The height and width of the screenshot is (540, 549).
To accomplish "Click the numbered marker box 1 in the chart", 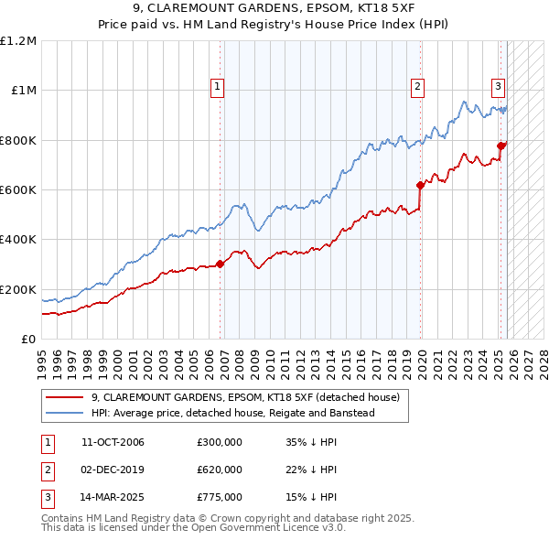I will coord(218,87).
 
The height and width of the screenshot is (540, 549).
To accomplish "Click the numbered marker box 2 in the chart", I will coord(417,87).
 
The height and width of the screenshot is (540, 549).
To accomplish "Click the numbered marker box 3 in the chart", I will coord(498,87).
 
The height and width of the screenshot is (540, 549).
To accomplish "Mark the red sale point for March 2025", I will coord(501,146).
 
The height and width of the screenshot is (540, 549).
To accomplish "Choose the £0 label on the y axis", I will coord(27,340).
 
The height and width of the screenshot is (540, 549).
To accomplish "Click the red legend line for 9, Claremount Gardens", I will coord(64,398).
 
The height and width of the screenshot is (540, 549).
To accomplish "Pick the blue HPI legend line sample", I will coord(64,414).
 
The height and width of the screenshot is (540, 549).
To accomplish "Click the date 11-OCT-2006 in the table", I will coord(113,443).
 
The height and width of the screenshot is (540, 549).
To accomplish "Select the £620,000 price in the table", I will coord(219,470).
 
